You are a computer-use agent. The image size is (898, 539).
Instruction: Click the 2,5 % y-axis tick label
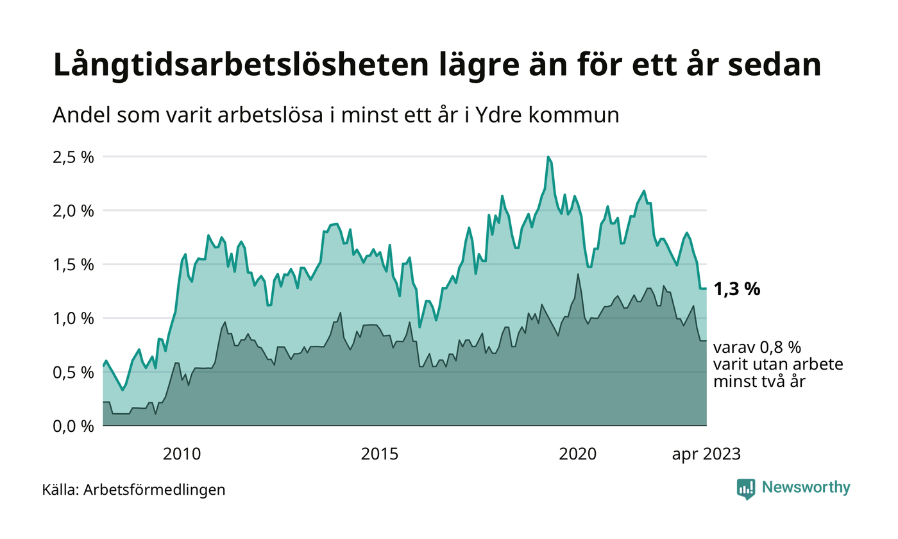tap(73, 157)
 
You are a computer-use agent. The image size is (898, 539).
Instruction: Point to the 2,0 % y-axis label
tap(73, 210)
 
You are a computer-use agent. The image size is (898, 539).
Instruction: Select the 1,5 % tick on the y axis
tap(73, 264)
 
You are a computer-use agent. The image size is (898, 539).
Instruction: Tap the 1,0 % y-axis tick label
tap(73, 318)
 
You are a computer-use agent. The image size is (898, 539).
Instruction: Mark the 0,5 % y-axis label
tap(73, 372)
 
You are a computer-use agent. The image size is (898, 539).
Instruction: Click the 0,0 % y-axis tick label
tap(73, 426)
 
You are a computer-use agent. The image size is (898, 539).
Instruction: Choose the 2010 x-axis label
tap(182, 454)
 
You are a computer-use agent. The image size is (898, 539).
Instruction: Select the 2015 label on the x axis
tap(380, 454)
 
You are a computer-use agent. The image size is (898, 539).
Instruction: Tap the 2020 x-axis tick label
tap(578, 454)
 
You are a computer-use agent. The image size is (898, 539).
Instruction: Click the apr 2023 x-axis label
tap(706, 454)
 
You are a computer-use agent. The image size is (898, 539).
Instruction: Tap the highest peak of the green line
tap(548, 157)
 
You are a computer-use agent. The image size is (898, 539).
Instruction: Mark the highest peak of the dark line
tap(578, 275)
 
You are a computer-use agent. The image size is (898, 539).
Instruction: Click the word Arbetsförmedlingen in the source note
tap(155, 490)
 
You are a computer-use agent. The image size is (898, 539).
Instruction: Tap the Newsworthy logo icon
tap(746, 488)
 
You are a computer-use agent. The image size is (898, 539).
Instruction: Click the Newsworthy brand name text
tap(806, 488)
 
